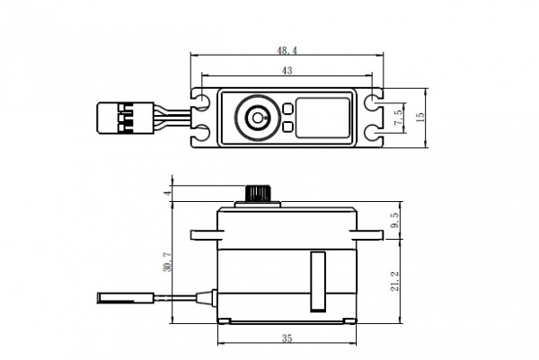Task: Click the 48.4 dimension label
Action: (x=287, y=51)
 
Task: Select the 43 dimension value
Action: (x=287, y=70)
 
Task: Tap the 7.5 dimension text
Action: (x=399, y=118)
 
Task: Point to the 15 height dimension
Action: (x=420, y=117)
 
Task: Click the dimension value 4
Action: (x=168, y=193)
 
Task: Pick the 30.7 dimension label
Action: (x=167, y=262)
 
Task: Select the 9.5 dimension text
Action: (x=395, y=220)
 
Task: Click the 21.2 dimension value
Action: (x=395, y=281)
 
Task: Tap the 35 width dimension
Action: (x=287, y=338)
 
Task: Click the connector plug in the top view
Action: (x=126, y=118)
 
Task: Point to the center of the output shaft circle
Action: (x=258, y=118)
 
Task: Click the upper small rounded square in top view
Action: (x=287, y=109)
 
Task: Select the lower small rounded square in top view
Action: (x=287, y=127)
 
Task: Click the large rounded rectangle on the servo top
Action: (x=323, y=118)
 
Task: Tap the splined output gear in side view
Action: (x=257, y=193)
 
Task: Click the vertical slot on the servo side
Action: (x=318, y=282)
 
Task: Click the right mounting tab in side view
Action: (x=370, y=235)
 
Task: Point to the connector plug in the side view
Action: (x=126, y=297)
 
